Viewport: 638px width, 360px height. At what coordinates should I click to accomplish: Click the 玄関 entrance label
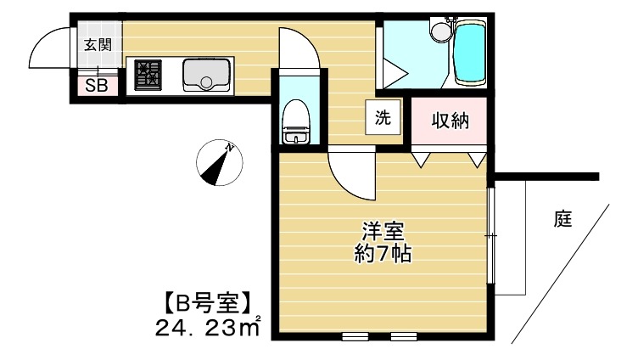[x=98, y=45]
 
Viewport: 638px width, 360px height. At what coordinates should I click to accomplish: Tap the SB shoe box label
[x=96, y=86]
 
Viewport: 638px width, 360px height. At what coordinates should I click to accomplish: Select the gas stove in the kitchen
[x=149, y=75]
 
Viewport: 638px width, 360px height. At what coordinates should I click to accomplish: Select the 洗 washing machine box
[x=383, y=117]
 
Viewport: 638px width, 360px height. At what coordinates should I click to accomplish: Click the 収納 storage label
[x=451, y=121]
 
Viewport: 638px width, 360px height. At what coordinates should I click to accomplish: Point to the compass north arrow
[x=219, y=162]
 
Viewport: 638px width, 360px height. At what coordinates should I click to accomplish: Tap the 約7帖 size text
[x=383, y=253]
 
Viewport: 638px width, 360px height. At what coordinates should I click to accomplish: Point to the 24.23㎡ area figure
[x=207, y=326]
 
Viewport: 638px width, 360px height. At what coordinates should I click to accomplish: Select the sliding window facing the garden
[x=492, y=233]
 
